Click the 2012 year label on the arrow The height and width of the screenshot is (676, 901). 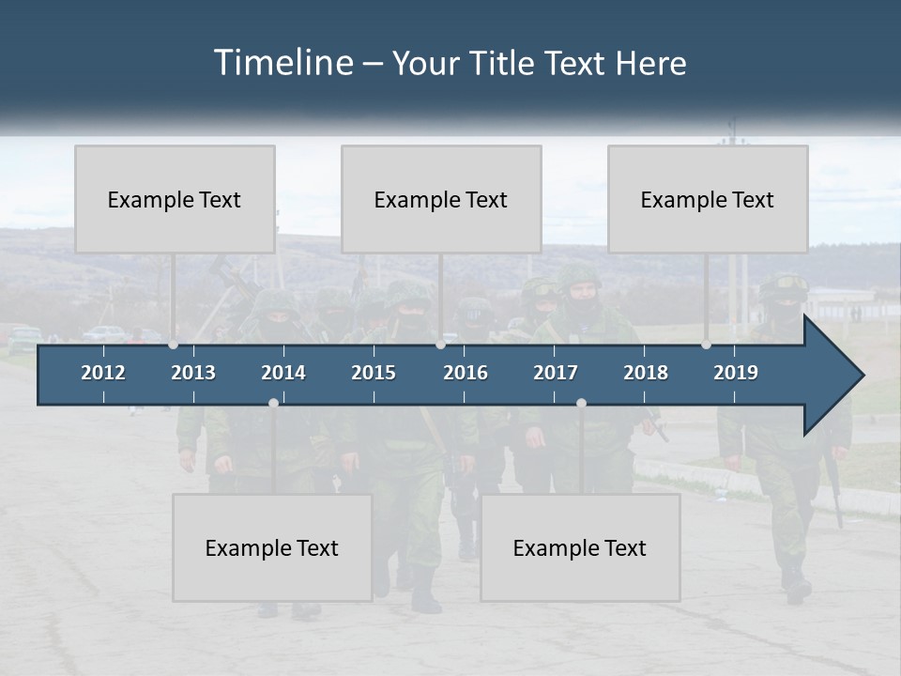103,373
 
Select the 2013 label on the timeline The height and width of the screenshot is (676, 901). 193,373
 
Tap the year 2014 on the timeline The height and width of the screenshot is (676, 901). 283,373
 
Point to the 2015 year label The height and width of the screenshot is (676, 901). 374,373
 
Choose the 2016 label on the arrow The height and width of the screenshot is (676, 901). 466,373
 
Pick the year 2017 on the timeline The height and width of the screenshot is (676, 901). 556,373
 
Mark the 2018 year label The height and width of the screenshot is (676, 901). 646,373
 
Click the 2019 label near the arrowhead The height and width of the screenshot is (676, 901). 736,373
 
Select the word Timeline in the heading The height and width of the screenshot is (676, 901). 283,63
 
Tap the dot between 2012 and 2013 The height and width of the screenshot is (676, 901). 173,345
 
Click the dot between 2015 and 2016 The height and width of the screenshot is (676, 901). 440,345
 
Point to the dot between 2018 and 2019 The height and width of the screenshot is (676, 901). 706,345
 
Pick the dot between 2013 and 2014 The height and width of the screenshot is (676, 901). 273,403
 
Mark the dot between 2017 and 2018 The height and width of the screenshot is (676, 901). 581,403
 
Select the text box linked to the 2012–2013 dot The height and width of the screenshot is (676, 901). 175,199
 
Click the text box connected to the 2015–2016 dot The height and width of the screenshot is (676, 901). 441,199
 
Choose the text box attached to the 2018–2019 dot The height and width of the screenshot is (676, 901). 708,199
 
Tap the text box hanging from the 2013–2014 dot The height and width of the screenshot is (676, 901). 272,547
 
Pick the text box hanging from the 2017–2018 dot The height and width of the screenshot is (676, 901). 580,547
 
